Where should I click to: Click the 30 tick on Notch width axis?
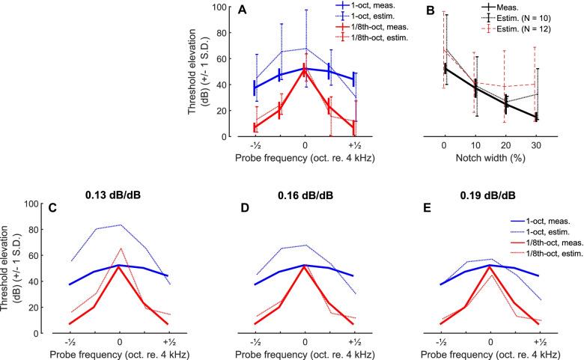point(536,144)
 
